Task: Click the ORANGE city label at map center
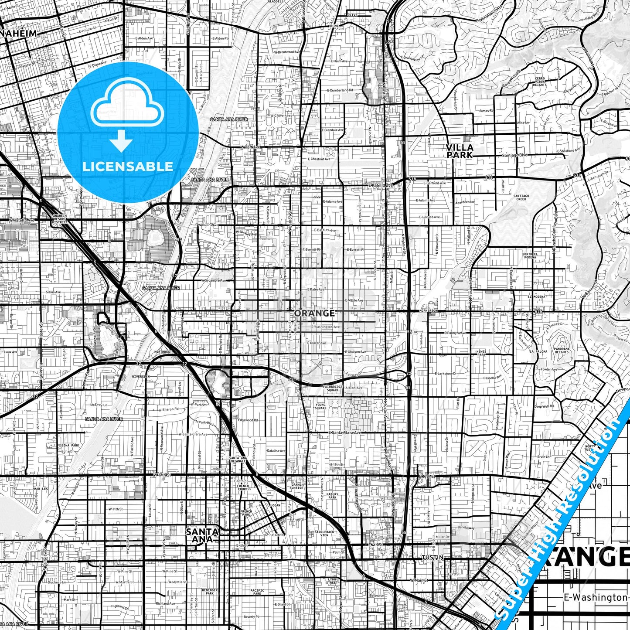(x=314, y=313)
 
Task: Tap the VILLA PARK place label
(x=460, y=151)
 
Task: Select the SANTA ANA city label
(x=202, y=535)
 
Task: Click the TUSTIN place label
(x=432, y=558)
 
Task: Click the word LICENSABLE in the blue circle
(x=128, y=166)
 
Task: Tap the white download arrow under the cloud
(x=121, y=141)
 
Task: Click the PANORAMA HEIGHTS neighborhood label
(x=562, y=350)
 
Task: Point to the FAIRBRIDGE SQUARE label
(x=332, y=388)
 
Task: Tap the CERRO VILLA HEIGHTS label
(x=539, y=81)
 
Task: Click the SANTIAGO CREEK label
(x=521, y=198)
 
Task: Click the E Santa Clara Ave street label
(x=344, y=432)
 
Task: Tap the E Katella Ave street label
(x=380, y=185)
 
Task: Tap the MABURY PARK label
(x=332, y=496)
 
